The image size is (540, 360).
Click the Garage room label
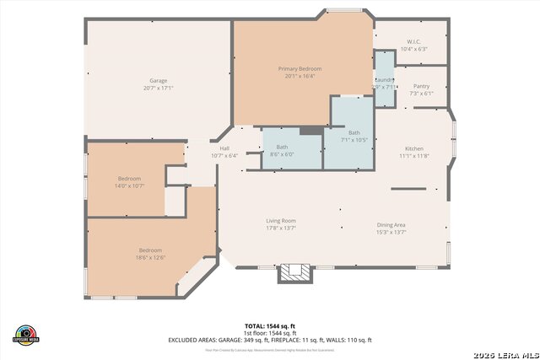(158, 80)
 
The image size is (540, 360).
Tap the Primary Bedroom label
(300, 68)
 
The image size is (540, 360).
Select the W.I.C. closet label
(413, 42)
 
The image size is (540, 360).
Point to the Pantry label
(421, 86)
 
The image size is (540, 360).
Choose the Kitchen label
(413, 148)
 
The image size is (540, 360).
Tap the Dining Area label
(391, 224)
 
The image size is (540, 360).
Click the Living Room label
(281, 220)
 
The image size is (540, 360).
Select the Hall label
(224, 148)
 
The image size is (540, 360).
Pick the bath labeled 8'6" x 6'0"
(282, 154)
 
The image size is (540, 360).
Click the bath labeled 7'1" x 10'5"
(354, 139)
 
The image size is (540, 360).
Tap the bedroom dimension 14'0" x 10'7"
(129, 185)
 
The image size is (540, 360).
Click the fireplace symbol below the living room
(295, 272)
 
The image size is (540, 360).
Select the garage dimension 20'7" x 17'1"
(158, 88)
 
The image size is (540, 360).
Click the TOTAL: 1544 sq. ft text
(270, 325)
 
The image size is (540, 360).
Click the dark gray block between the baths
(310, 131)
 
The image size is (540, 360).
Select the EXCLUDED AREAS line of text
(270, 340)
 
